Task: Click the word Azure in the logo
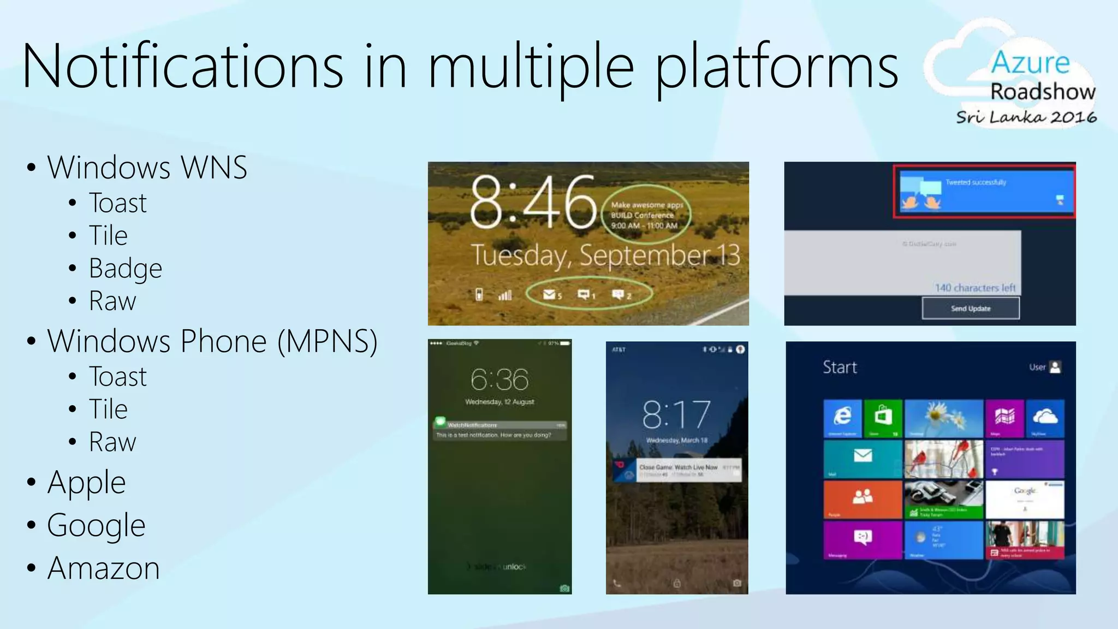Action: pyautogui.click(x=1030, y=63)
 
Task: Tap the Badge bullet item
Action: pyautogui.click(x=125, y=269)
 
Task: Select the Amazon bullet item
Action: pyautogui.click(x=103, y=568)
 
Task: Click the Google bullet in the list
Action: pyautogui.click(x=96, y=525)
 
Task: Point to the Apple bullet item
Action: pyautogui.click(x=86, y=483)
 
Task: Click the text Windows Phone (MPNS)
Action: pyautogui.click(x=212, y=342)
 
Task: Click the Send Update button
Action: pyautogui.click(x=970, y=308)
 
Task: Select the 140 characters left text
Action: pyautogui.click(x=975, y=288)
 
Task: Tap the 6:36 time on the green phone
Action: pyautogui.click(x=499, y=379)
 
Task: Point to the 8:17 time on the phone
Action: pyautogui.click(x=676, y=414)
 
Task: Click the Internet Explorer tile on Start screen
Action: pyautogui.click(x=842, y=418)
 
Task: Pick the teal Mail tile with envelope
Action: pyautogui.click(x=862, y=459)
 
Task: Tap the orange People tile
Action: pyautogui.click(x=862, y=499)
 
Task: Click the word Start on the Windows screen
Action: pyautogui.click(x=840, y=367)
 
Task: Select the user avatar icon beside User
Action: pyautogui.click(x=1055, y=367)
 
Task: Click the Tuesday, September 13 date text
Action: pyautogui.click(x=605, y=256)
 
